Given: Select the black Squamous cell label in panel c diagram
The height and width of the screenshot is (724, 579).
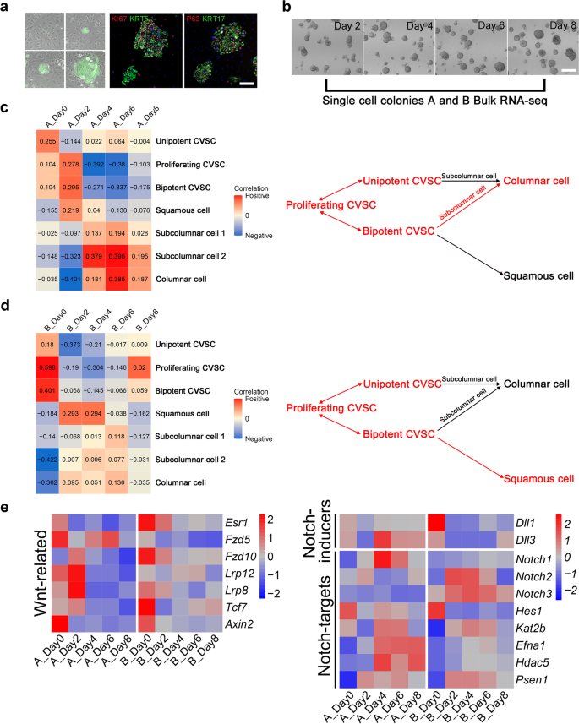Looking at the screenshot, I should pyautogui.click(x=539, y=275).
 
